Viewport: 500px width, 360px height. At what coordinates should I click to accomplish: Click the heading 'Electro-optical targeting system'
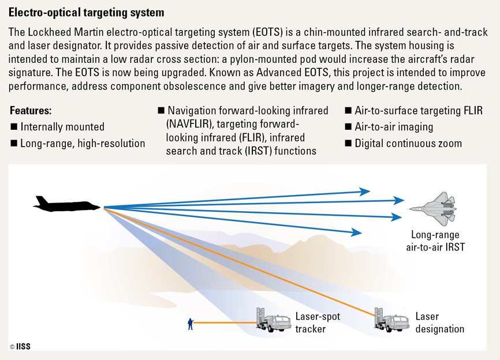(86, 12)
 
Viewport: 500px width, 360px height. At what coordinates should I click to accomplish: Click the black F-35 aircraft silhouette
(66, 204)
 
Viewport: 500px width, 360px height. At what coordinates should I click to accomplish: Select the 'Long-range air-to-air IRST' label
(435, 241)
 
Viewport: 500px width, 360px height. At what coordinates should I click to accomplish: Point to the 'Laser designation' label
(439, 323)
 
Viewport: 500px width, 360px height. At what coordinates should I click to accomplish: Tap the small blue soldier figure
(191, 324)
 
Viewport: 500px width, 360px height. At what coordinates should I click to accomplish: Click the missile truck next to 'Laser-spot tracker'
(273, 318)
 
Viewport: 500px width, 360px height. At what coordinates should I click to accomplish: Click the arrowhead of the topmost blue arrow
(364, 191)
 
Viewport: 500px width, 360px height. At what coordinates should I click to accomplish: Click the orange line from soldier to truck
(225, 324)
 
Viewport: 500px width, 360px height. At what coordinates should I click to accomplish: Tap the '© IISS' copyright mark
(20, 346)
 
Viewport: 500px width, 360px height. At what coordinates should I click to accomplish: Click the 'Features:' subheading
(31, 110)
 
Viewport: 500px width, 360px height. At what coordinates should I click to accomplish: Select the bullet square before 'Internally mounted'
(14, 127)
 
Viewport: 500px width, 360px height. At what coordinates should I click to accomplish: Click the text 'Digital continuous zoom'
(408, 143)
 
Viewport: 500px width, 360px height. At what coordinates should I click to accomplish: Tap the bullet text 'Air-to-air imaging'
(394, 127)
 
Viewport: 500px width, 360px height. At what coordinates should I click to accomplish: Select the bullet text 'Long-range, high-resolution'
(83, 143)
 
